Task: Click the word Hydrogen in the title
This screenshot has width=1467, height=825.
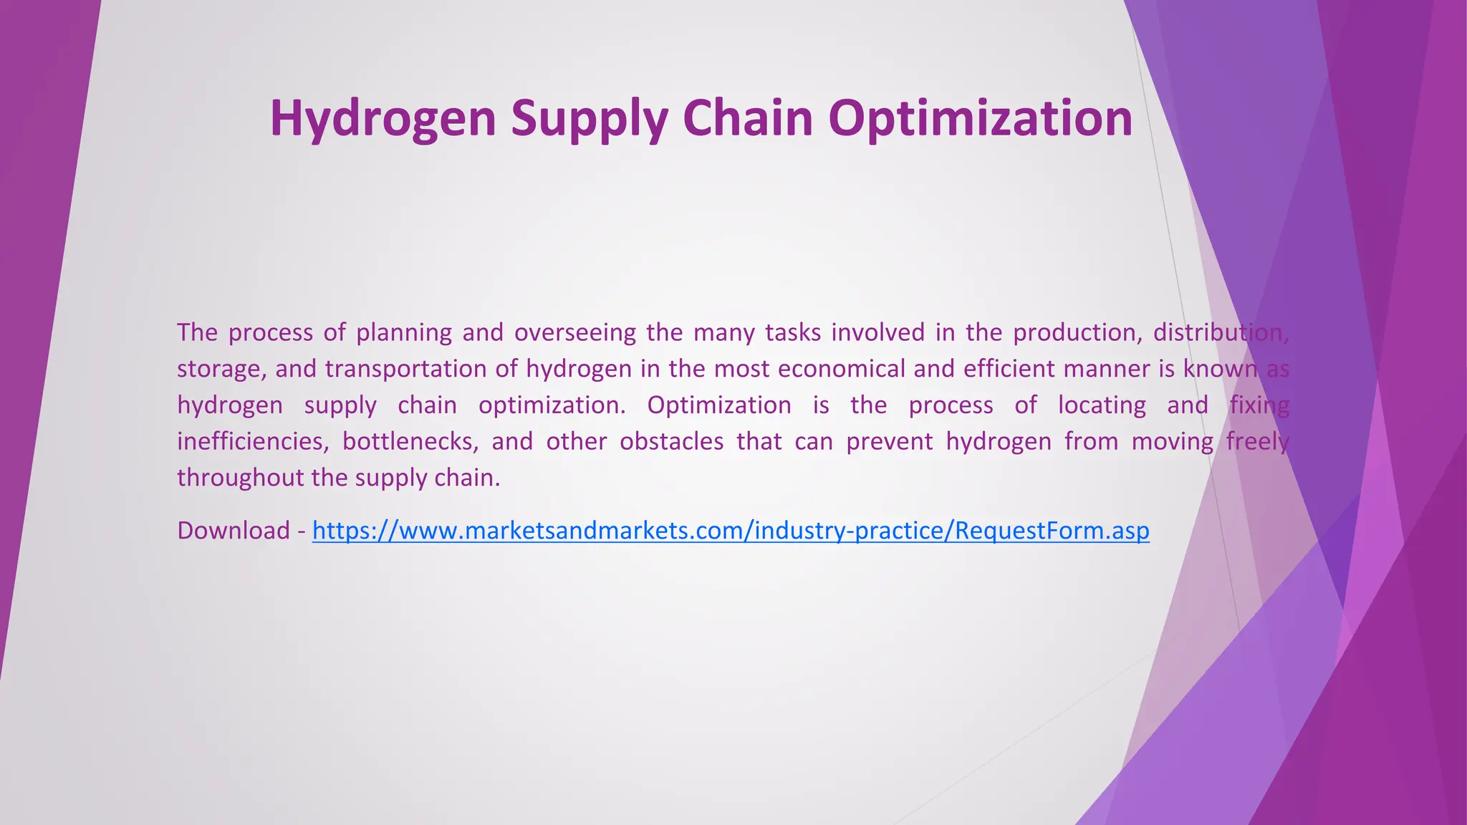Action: point(383,118)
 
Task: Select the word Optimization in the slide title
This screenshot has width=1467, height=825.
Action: point(980,118)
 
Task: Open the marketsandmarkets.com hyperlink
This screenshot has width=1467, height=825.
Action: point(731,531)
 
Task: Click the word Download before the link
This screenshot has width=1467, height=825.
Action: point(234,531)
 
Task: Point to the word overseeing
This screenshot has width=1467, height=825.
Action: point(574,333)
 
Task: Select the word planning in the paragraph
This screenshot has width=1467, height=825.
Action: point(404,333)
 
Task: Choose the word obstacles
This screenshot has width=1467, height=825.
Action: point(671,441)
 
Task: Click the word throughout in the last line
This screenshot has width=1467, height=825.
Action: point(241,478)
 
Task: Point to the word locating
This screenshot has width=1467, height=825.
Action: point(1102,405)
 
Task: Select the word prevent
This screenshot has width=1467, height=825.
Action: point(889,441)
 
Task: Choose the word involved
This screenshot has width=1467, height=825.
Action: point(878,333)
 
